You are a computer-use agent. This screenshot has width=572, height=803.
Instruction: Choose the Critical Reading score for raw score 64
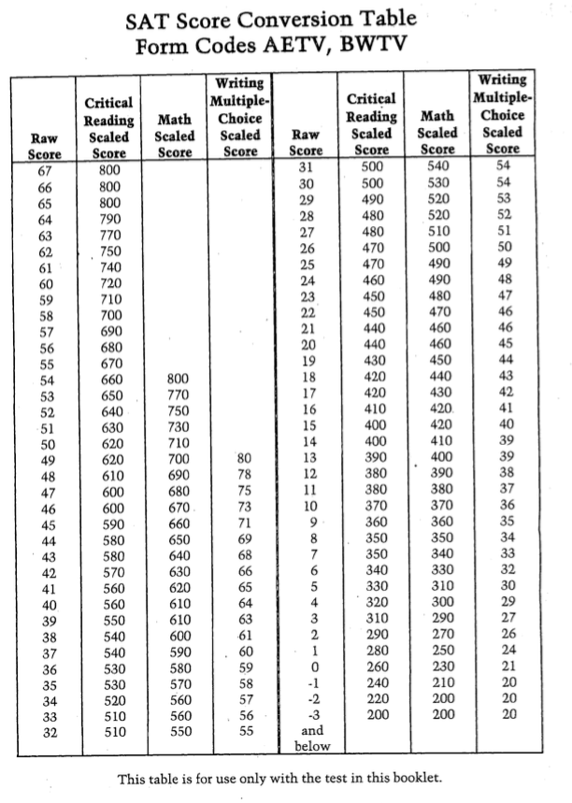click(x=110, y=220)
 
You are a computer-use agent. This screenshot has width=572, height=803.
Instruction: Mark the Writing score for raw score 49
click(x=245, y=459)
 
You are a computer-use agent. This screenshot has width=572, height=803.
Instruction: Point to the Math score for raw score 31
click(x=437, y=166)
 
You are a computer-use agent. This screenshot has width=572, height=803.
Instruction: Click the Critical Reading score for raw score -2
click(x=373, y=697)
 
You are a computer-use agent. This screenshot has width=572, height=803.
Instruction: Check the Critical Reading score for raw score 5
click(x=373, y=586)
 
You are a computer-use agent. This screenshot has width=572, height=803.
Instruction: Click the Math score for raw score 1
click(x=437, y=650)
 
